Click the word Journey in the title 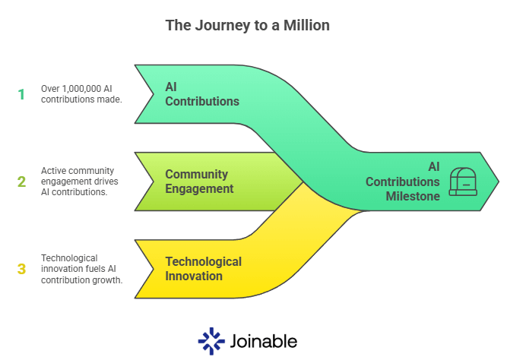(x=216, y=25)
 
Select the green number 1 (x=21, y=94)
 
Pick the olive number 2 (x=21, y=182)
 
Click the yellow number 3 (x=21, y=269)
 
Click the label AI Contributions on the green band (x=201, y=94)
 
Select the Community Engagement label (x=199, y=182)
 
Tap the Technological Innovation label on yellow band (x=203, y=269)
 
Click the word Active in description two (x=52, y=171)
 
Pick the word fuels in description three (x=93, y=269)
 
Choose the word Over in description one (x=51, y=89)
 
